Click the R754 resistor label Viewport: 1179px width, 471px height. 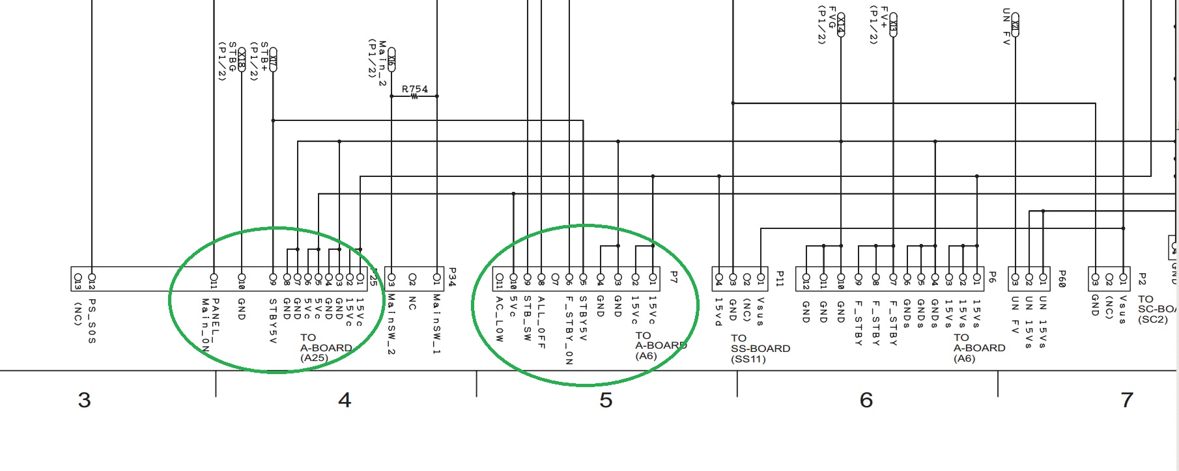click(415, 89)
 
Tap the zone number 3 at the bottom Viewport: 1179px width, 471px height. click(84, 399)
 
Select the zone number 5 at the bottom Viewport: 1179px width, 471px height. click(606, 399)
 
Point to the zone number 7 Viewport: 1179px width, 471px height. click(1127, 399)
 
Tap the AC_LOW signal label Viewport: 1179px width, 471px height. click(499, 319)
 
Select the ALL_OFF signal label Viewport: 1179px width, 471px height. click(541, 322)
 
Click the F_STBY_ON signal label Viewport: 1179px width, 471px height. click(569, 330)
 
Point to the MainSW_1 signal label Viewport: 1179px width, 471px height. click(436, 323)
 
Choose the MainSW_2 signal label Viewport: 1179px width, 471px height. click(391, 323)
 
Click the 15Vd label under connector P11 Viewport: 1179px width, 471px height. click(718, 312)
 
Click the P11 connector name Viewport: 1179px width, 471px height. click(779, 278)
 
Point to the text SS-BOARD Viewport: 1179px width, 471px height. click(760, 349)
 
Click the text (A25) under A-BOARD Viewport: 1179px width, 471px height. click(314, 358)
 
